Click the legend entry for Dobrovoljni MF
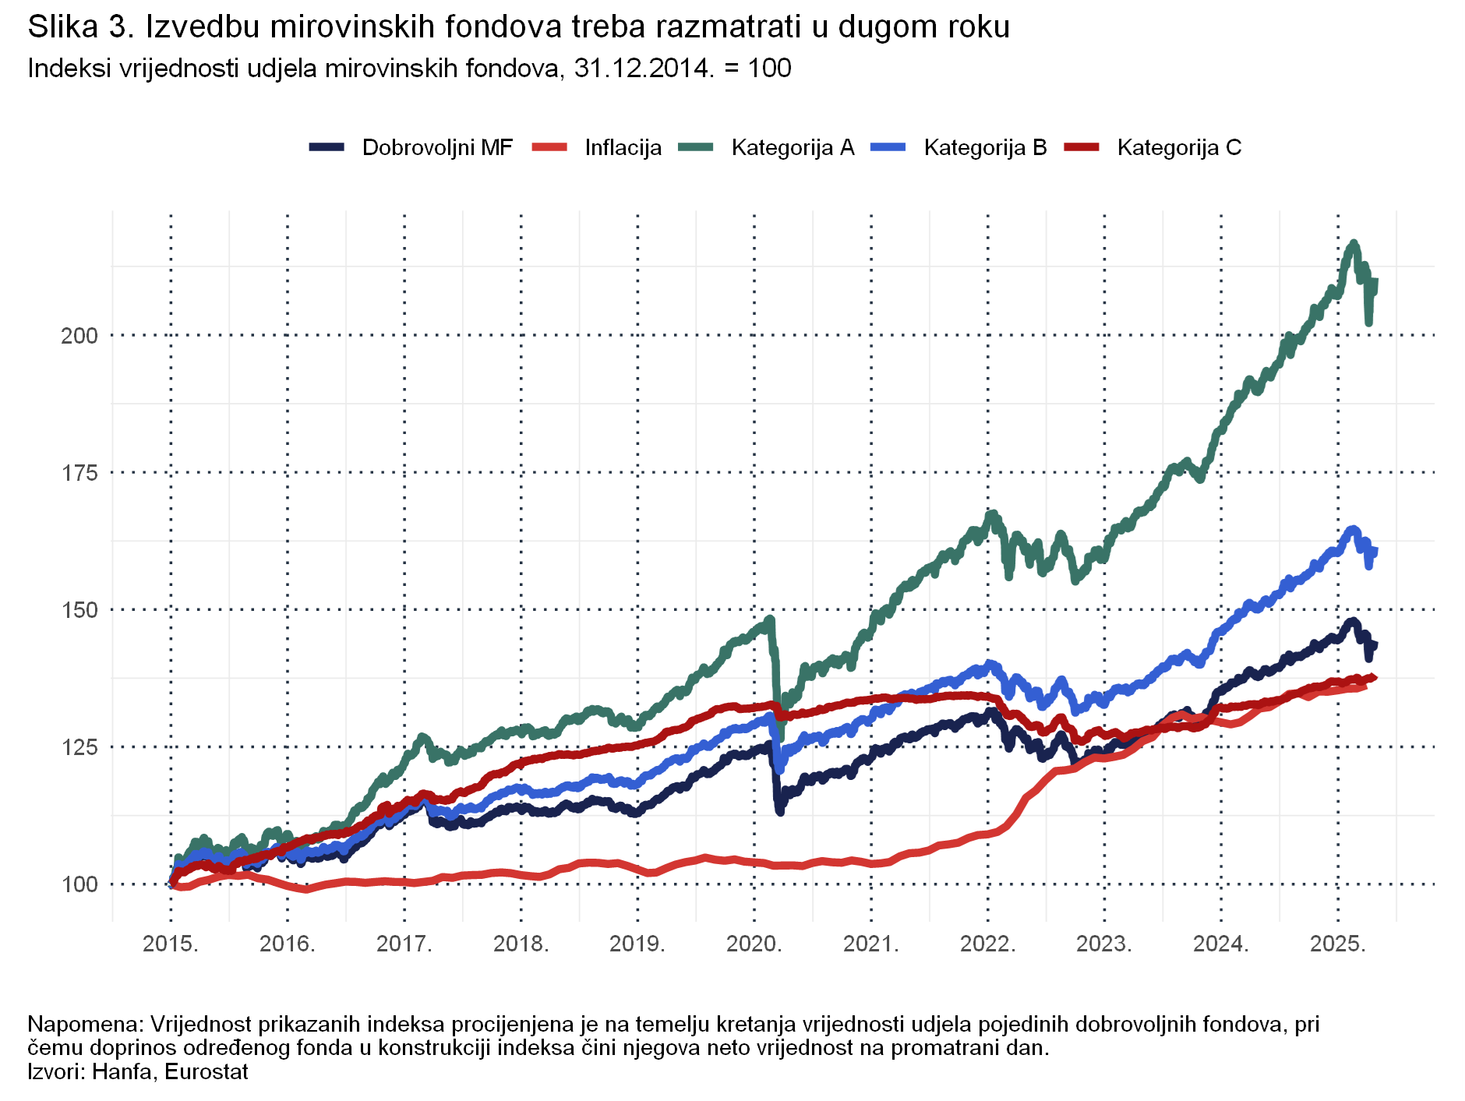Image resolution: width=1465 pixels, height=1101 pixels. [x=436, y=147]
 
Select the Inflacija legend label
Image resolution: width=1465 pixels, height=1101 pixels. [x=623, y=147]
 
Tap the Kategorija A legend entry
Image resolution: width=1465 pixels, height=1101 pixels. [x=792, y=147]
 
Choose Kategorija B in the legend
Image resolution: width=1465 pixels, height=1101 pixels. [x=985, y=147]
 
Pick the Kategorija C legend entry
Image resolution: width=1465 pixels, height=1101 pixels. [x=1178, y=147]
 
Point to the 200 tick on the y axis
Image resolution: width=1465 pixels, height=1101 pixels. [x=79, y=336]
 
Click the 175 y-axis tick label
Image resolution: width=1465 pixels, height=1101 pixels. [x=79, y=473]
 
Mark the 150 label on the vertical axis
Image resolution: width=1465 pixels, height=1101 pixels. [x=79, y=610]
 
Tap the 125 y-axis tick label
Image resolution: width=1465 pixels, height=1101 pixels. [x=79, y=747]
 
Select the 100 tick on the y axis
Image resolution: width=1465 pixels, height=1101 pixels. [x=79, y=884]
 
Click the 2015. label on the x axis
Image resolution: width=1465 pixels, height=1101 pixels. [x=171, y=944]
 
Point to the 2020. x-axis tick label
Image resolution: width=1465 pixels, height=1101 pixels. [x=754, y=944]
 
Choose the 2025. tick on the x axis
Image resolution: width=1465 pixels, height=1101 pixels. [x=1338, y=944]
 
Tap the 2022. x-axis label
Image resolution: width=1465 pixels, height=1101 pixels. [x=988, y=944]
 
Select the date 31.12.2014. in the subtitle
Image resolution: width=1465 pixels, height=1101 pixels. [x=644, y=69]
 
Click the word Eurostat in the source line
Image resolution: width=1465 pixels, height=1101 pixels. [x=207, y=1071]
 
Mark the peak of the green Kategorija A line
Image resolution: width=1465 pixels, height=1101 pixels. [x=1354, y=243]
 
